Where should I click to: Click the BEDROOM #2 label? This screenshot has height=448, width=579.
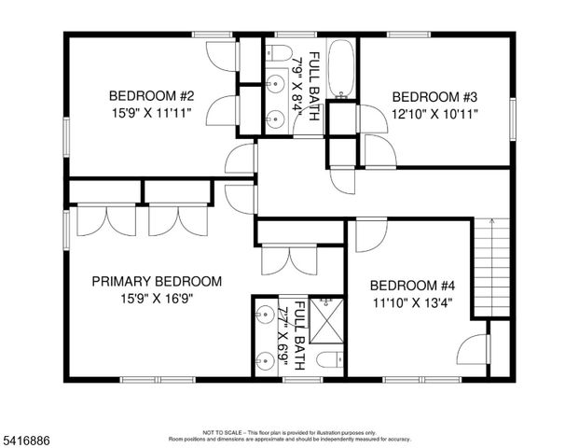(x=151, y=95)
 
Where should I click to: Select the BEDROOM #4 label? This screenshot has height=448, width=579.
(x=413, y=286)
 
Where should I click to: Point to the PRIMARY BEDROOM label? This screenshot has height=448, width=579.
(x=156, y=281)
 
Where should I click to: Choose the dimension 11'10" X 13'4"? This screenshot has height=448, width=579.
(x=413, y=303)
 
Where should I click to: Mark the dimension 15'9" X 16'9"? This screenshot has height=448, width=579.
(x=156, y=299)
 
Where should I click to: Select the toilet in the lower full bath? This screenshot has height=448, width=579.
(x=328, y=360)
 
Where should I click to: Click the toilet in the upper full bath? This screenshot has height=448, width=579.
(x=279, y=51)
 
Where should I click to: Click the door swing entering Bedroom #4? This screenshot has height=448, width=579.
(x=367, y=237)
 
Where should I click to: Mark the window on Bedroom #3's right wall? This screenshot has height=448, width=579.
(x=511, y=119)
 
